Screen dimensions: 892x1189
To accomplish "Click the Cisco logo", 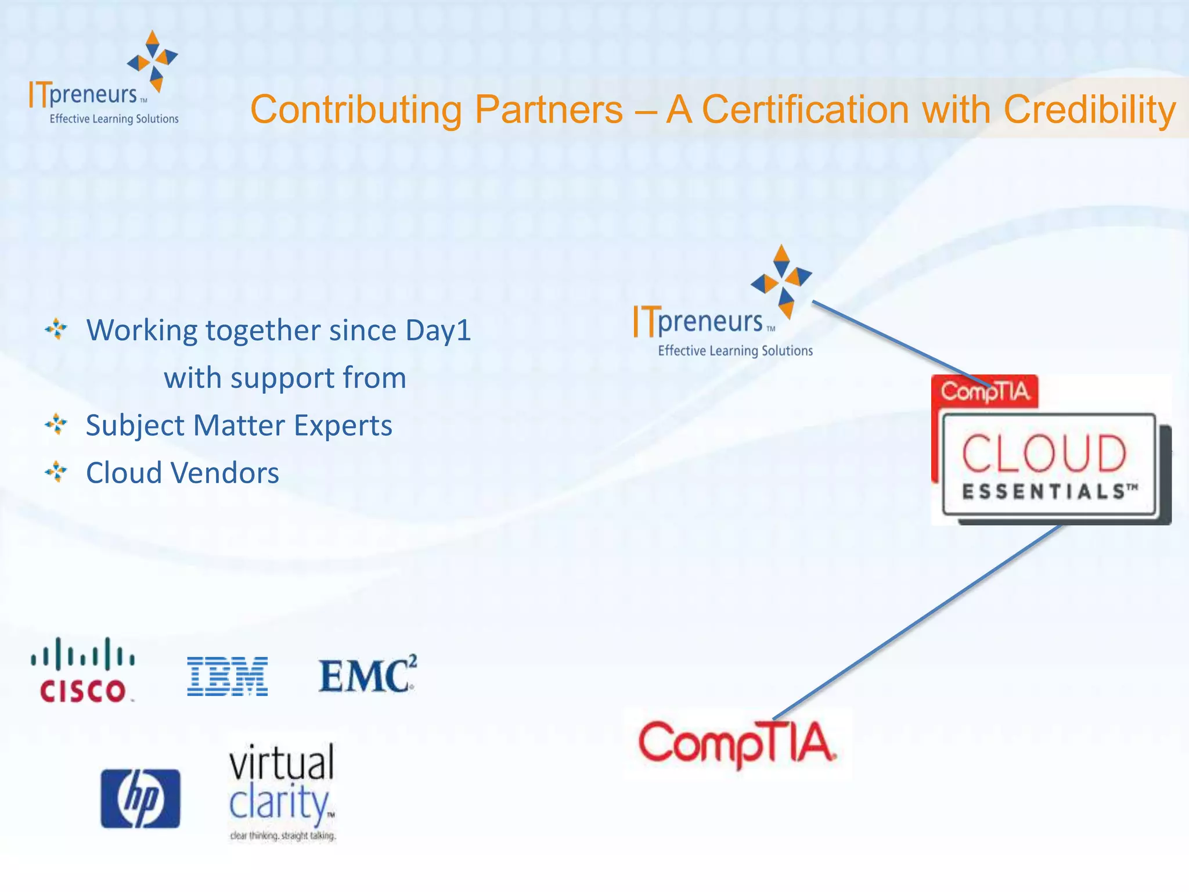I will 82,671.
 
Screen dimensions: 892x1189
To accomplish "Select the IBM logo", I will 227,677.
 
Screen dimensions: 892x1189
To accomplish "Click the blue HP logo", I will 140,799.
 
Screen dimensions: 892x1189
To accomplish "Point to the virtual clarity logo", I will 282,784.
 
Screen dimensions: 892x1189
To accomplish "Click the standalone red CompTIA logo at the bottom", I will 737,744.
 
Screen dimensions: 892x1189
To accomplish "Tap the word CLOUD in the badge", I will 1044,454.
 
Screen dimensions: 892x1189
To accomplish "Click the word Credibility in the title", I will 1090,109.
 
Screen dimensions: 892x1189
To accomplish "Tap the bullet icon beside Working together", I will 56,329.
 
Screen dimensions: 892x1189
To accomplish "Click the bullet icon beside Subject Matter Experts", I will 56,425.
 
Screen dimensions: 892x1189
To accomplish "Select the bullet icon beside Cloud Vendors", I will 56,472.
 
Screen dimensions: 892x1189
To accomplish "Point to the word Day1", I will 438,330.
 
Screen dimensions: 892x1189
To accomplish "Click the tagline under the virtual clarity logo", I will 283,836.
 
